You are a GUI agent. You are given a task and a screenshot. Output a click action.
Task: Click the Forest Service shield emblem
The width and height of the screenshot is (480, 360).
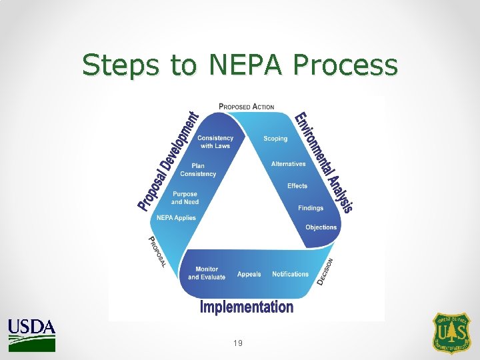(x=452, y=333)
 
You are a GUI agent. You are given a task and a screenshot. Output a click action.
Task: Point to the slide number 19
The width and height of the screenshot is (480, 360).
(x=238, y=343)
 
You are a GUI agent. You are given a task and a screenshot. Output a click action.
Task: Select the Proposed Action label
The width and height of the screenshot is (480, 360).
(x=247, y=107)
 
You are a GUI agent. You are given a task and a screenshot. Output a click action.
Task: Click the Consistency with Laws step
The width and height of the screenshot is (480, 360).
(x=215, y=142)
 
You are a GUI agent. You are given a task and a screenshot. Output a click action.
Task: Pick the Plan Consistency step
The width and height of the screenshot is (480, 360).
(x=198, y=169)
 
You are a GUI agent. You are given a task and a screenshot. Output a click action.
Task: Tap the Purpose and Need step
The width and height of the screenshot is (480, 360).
(x=185, y=198)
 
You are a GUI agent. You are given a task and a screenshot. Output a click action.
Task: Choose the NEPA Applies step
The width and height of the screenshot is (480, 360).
(x=176, y=217)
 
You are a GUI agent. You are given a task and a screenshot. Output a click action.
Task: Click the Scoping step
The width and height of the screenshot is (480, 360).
(x=275, y=139)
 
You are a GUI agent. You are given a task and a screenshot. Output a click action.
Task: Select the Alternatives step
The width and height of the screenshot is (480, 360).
(x=288, y=164)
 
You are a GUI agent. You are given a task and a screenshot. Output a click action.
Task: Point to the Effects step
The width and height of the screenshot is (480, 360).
(x=297, y=186)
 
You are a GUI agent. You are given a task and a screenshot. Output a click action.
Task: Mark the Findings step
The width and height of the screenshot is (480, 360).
(x=311, y=208)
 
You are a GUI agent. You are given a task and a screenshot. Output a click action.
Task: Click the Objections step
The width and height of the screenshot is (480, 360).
(x=321, y=227)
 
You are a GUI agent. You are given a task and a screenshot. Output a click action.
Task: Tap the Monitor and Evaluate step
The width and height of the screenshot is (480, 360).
(x=207, y=273)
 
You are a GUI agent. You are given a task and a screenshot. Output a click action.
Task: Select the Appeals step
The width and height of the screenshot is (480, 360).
(x=249, y=274)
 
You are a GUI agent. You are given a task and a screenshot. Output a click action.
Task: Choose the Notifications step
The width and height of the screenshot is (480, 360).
(x=290, y=274)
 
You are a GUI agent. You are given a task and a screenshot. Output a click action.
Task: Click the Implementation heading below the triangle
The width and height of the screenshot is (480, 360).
(x=247, y=307)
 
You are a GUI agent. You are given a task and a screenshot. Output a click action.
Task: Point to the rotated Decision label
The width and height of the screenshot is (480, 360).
(x=325, y=272)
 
